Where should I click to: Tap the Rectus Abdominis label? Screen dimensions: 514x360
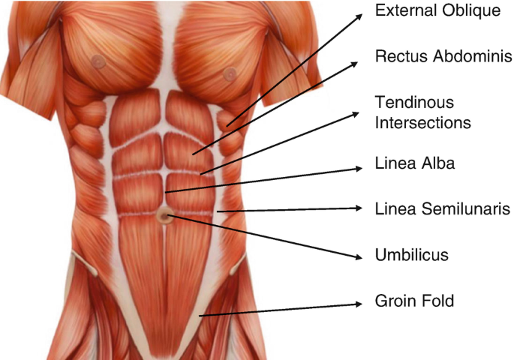pos(434,58)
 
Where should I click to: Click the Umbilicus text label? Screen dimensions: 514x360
pos(411,255)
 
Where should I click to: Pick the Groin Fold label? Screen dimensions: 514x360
pos(413,301)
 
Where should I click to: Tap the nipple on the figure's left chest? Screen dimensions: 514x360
pos(230,73)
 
